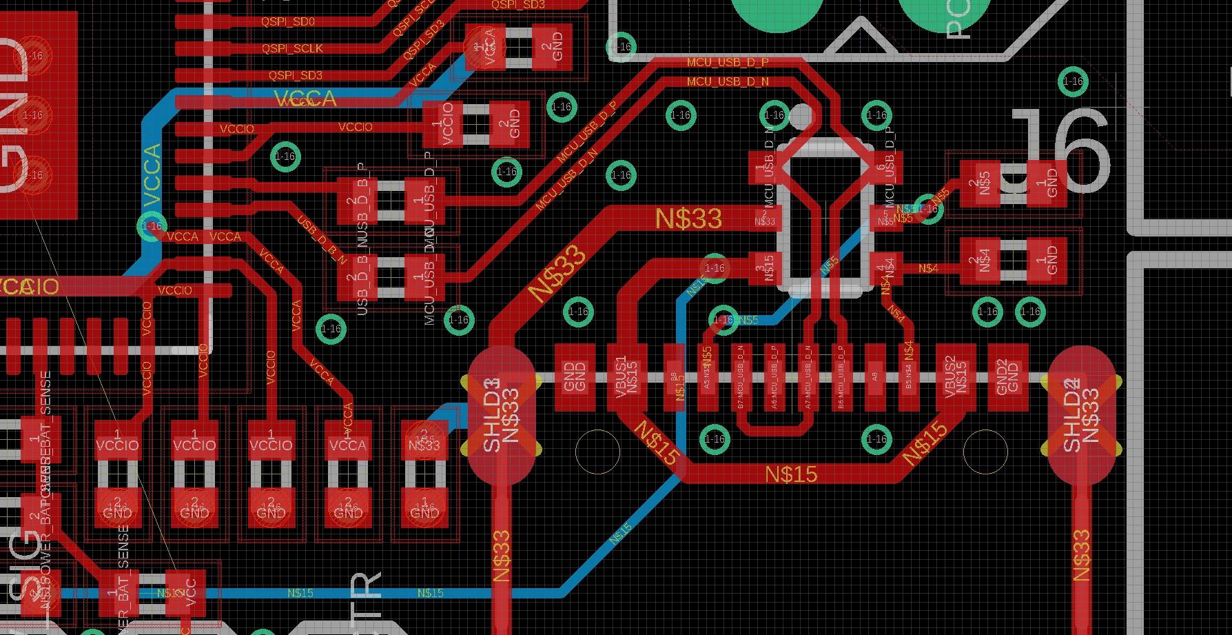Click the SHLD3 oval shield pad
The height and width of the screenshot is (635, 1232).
(501, 414)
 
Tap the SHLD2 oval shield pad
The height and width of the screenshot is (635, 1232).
(1082, 414)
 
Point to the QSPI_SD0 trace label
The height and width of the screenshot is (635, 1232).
(287, 21)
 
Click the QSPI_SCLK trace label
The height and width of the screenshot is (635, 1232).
(292, 48)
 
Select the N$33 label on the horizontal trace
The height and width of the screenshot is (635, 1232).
(688, 219)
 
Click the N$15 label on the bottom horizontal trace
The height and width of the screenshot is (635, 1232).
(791, 474)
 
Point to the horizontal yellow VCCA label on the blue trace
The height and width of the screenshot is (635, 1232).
(305, 99)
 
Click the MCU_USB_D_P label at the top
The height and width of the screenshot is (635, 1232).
(728, 63)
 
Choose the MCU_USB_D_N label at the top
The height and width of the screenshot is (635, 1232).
(728, 81)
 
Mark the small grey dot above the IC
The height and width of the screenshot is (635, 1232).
(801, 117)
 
